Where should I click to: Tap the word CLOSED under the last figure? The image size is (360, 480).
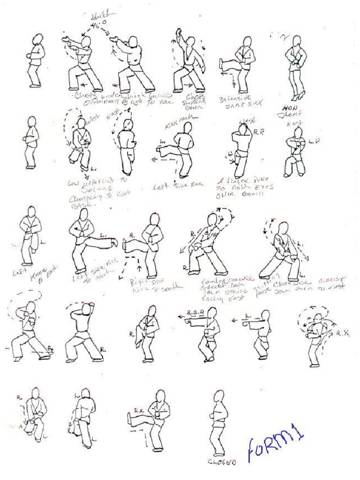pyautogui.click(x=222, y=462)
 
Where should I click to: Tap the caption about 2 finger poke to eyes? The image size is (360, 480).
pyautogui.click(x=244, y=187)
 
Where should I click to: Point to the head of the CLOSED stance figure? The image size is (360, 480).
pyautogui.click(x=218, y=397)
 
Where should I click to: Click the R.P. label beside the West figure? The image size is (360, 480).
pyautogui.click(x=259, y=133)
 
